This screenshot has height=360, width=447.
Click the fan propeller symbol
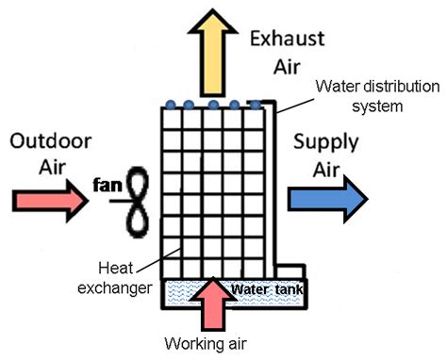[140, 201]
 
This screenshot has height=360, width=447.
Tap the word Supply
[324, 143]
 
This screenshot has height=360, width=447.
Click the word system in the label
[377, 106]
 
